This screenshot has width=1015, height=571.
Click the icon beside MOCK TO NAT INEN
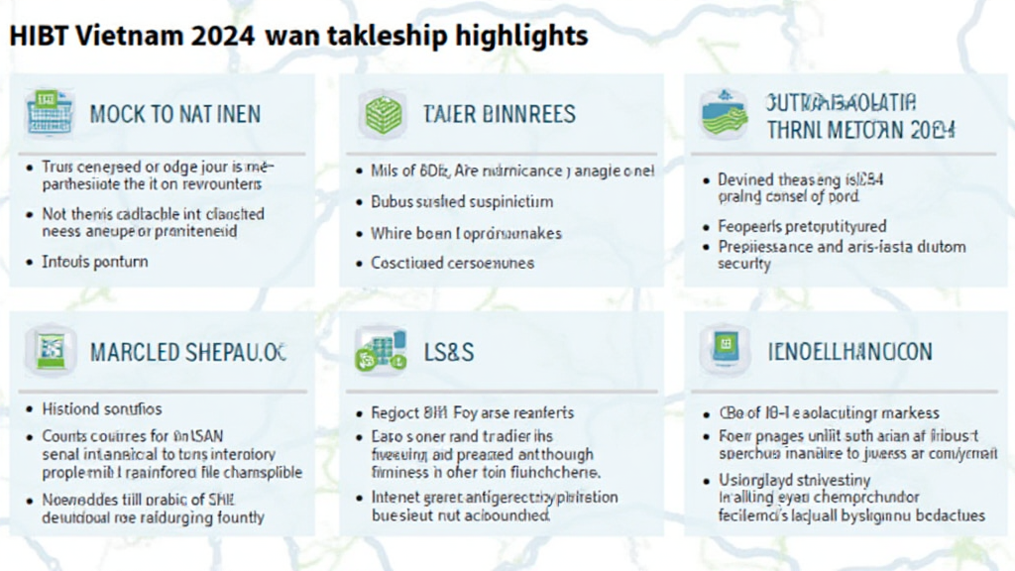44,112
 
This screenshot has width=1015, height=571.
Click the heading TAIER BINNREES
500,113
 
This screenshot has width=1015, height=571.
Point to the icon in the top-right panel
724,113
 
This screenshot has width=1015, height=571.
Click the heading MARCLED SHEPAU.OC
189,352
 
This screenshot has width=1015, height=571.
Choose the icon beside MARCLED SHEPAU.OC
50,350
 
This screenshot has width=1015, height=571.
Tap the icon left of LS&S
382,352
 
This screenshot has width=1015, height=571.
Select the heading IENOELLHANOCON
850,352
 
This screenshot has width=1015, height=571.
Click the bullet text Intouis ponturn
95,262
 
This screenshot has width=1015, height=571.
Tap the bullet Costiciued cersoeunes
452,263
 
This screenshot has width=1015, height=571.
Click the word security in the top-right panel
743,265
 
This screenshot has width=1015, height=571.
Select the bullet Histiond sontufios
102,408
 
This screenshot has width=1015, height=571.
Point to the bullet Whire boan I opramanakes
466,233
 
